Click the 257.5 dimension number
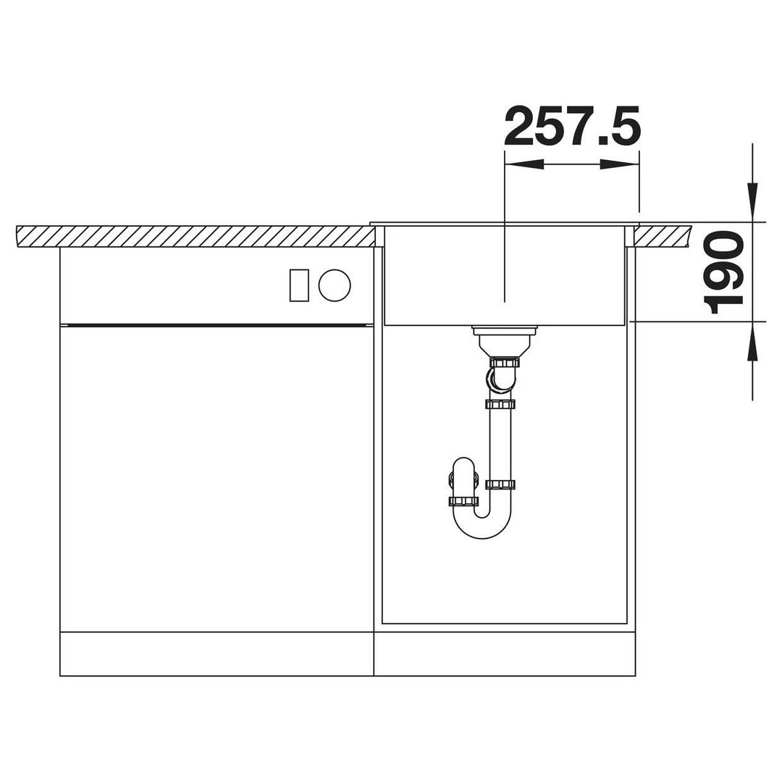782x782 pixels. (x=572, y=126)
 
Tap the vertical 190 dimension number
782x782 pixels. (x=723, y=272)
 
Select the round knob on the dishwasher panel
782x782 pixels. (x=335, y=285)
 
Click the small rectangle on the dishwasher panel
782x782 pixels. (x=299, y=285)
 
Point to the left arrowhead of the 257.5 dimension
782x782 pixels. (x=524, y=164)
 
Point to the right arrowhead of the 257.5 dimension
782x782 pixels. (x=619, y=164)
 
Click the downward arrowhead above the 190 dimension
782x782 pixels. (x=752, y=203)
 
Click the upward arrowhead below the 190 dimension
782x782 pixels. (x=752, y=341)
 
